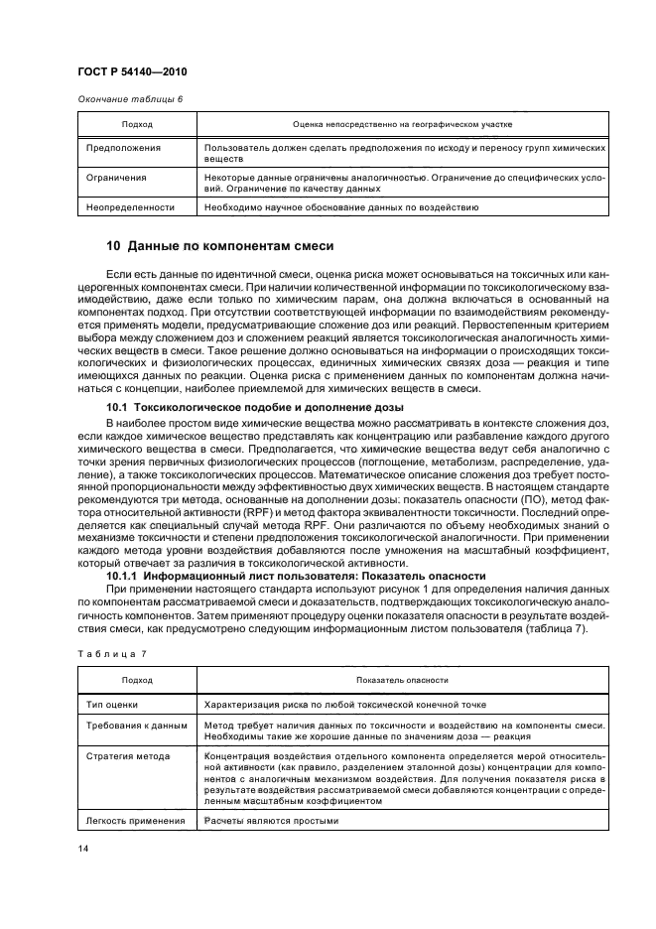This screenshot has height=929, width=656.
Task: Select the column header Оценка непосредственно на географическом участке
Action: pyautogui.click(x=402, y=124)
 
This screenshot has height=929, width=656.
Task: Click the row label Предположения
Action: pyautogui.click(x=122, y=147)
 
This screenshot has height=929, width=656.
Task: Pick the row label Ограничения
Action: pyautogui.click(x=116, y=178)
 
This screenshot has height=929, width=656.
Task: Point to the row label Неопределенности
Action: pyautogui.click(x=130, y=207)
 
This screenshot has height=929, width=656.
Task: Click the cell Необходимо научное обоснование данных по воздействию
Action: pyautogui.click(x=340, y=207)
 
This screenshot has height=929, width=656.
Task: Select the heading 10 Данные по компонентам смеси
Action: pyautogui.click(x=219, y=246)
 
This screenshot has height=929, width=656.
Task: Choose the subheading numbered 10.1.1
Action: pyautogui.click(x=296, y=577)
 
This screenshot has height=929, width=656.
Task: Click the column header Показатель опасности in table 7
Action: pyautogui.click(x=402, y=680)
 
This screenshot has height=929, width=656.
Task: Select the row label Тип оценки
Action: pyautogui.click(x=112, y=704)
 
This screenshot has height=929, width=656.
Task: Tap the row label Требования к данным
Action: pyautogui.click(x=135, y=726)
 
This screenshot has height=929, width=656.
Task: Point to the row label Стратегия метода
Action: pyautogui.click(x=128, y=756)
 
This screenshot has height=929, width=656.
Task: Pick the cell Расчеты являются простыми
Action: pyautogui.click(x=271, y=821)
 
